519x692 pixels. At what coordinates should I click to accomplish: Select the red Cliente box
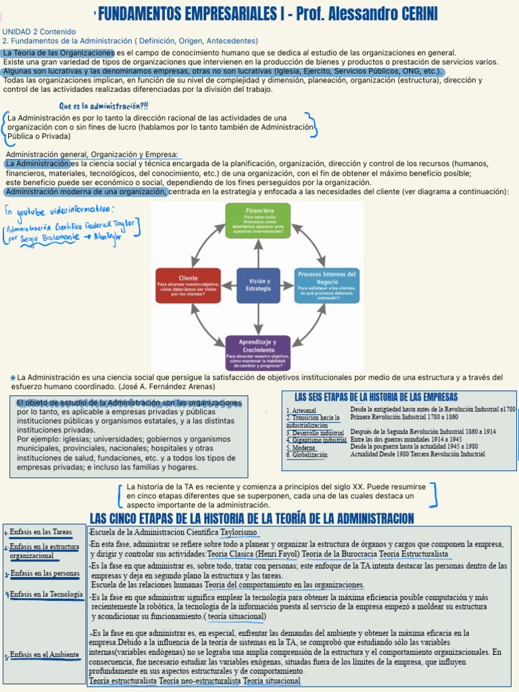tap(188, 285)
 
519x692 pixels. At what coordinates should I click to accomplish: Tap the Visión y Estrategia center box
tap(259, 285)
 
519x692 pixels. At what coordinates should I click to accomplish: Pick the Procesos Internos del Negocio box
tap(327, 285)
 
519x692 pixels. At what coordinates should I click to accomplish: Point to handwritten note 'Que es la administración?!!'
tap(104, 105)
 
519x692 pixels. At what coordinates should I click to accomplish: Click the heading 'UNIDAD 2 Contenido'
tap(39, 32)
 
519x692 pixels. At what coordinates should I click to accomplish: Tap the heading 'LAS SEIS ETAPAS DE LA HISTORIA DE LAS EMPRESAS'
tap(376, 397)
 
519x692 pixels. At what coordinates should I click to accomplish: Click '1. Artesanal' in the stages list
tap(301, 410)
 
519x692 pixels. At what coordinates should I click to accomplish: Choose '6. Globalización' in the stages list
tap(307, 455)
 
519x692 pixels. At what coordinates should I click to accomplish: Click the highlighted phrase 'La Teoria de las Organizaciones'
tap(59, 53)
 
